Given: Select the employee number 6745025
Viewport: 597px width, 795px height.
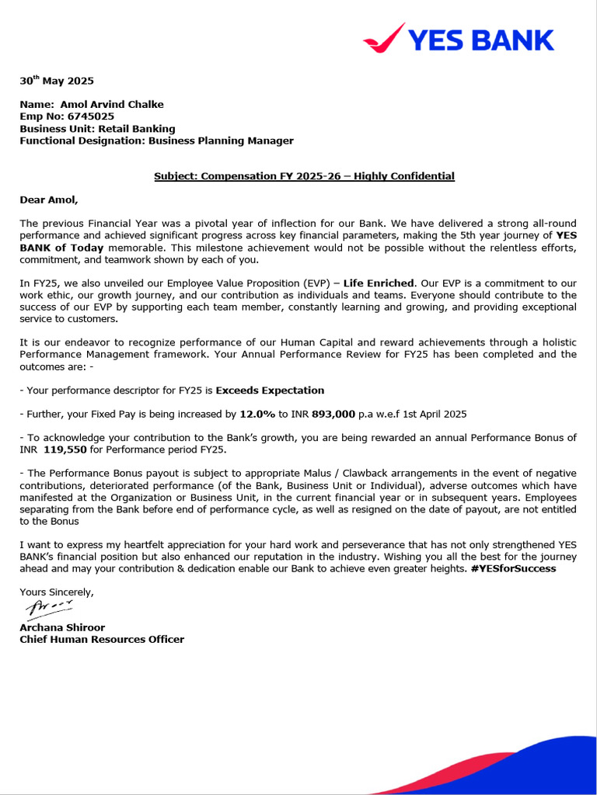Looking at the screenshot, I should point(90,116).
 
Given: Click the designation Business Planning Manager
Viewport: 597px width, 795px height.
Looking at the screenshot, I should point(221,141).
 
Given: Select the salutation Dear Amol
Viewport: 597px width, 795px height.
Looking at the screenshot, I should point(49,200).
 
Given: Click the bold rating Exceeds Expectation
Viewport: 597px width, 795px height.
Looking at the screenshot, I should point(270,391).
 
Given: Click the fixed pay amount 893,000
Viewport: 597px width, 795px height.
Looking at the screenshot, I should point(333,415).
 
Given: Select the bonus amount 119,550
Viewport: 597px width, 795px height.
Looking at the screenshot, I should point(75,450).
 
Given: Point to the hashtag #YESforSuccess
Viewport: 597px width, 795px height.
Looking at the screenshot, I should point(513,568).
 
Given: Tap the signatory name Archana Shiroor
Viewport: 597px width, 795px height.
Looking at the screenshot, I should point(62,627).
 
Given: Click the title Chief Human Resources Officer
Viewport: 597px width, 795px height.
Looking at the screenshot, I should point(102,640).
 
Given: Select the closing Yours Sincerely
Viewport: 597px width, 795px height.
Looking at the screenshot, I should point(57,592).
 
